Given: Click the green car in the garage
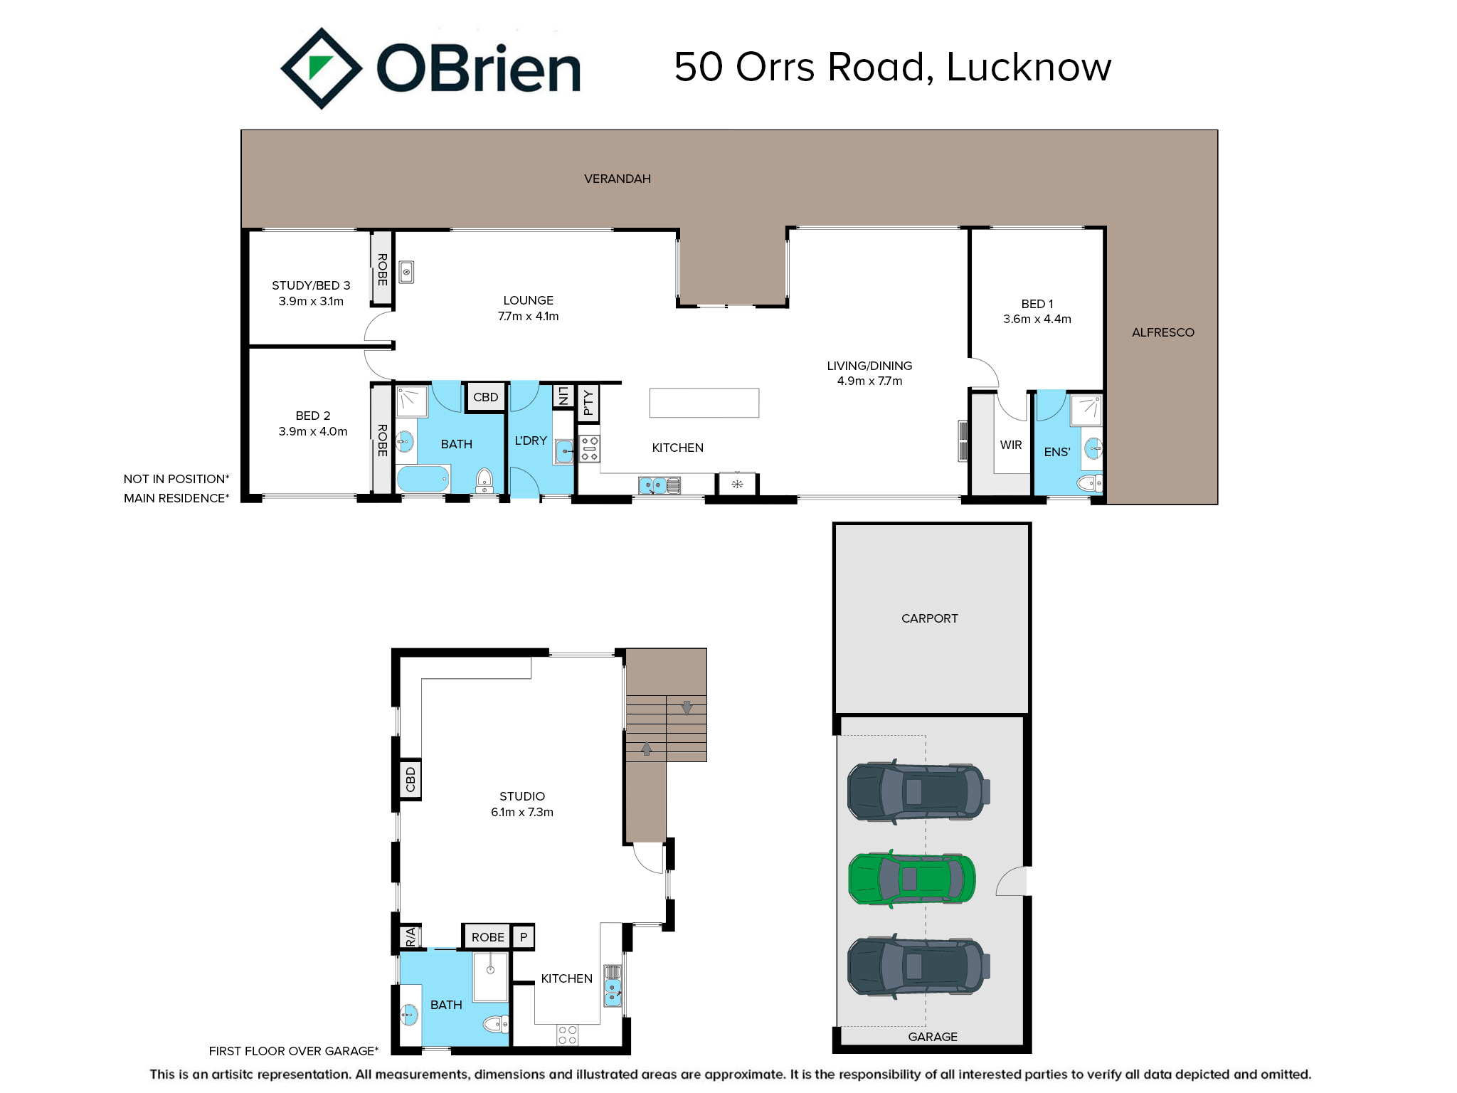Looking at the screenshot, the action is click(x=911, y=879).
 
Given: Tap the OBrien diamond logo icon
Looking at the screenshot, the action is click(x=322, y=68).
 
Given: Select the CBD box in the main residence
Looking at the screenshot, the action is click(x=486, y=397).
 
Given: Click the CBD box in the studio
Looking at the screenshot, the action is click(x=410, y=779).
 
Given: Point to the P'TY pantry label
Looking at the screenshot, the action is click(x=588, y=403).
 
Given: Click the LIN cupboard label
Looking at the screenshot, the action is click(x=563, y=396).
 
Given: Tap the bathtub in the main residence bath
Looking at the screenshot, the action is click(x=423, y=479).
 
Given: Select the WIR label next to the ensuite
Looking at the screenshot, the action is click(x=1011, y=445).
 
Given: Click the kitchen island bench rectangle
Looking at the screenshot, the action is click(x=704, y=403).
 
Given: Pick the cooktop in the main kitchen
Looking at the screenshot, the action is click(x=590, y=448).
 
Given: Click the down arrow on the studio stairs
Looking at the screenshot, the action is click(x=687, y=708).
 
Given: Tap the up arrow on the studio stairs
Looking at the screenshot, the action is click(x=647, y=749).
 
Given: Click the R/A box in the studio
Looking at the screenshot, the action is click(x=410, y=936).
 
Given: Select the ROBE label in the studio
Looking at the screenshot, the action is click(x=488, y=937).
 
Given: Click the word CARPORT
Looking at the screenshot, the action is click(x=930, y=618).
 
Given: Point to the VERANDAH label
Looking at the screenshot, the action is click(x=618, y=179).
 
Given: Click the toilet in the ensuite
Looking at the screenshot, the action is click(x=1090, y=484).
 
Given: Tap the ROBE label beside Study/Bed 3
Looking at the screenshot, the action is click(x=383, y=270).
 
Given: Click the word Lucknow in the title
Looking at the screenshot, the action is click(x=1029, y=67).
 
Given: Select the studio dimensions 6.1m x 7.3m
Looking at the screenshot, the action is click(x=522, y=812).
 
